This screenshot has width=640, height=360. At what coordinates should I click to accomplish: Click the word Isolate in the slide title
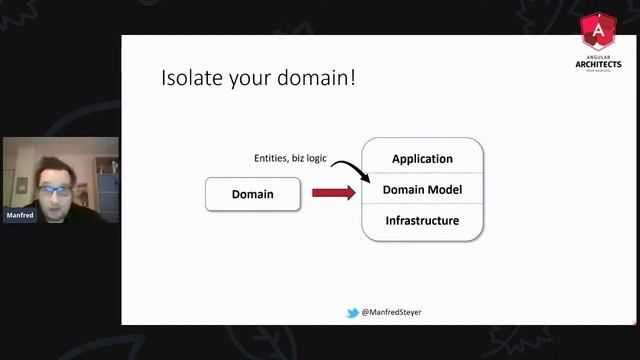(x=190, y=78)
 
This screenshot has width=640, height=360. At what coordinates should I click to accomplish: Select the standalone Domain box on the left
(x=252, y=193)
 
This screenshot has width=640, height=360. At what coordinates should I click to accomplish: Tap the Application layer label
(x=422, y=159)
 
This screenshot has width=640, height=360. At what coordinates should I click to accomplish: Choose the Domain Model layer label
(x=422, y=190)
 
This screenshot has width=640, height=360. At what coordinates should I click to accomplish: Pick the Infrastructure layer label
(x=422, y=220)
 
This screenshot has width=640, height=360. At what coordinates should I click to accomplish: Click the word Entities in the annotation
(x=273, y=159)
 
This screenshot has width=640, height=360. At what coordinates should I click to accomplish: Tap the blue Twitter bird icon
(x=352, y=312)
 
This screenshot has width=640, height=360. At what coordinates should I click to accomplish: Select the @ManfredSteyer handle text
(x=391, y=312)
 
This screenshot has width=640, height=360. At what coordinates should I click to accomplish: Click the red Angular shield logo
(x=598, y=34)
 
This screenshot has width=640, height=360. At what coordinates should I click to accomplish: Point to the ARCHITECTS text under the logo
(x=598, y=63)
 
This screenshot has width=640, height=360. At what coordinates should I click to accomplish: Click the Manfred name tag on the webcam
(x=19, y=215)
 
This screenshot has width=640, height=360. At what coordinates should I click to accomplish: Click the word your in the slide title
(x=246, y=80)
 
